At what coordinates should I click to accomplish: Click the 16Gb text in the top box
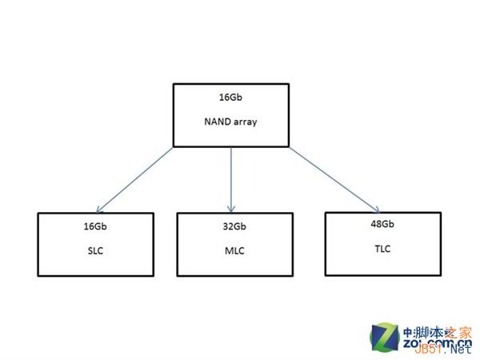click(x=231, y=97)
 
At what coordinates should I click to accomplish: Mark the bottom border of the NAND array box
click(x=231, y=147)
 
